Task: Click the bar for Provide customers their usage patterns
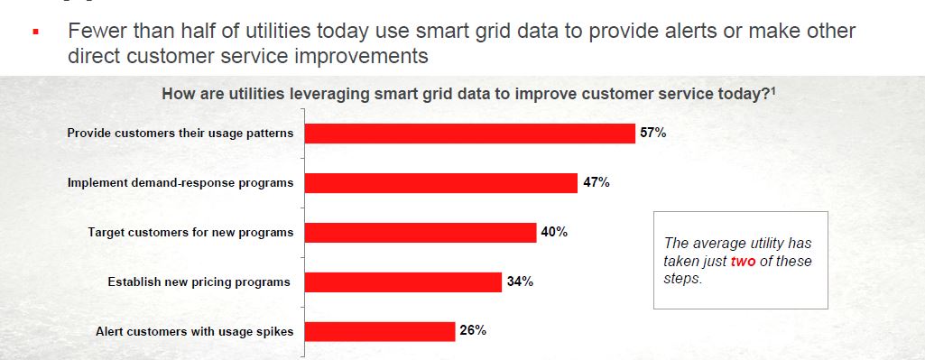pos(469,134)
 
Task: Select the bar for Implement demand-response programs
pos(440,183)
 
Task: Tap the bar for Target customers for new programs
pos(421,233)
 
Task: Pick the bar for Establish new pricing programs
pos(402,282)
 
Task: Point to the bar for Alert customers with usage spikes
pos(379,331)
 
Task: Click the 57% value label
pos(653,134)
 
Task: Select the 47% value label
pos(596,183)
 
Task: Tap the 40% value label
pos(554,233)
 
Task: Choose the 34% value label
pos(520,282)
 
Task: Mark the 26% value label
pos(473,330)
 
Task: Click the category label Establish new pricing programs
pos(199,282)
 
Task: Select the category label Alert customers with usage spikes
pos(195,331)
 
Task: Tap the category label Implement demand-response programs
pos(180,183)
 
